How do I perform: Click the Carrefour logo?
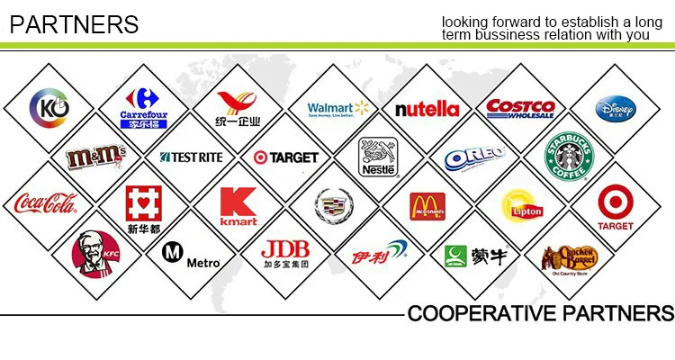(143, 108)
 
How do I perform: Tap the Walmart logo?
(337, 109)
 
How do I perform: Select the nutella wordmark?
(427, 109)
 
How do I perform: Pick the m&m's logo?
(95, 157)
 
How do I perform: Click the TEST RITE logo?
(191, 157)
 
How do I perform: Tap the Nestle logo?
(378, 157)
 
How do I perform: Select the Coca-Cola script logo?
(45, 204)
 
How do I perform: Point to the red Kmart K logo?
(238, 206)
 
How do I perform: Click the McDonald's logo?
(427, 206)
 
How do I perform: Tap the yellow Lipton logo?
(523, 205)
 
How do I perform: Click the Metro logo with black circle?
(190, 254)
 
